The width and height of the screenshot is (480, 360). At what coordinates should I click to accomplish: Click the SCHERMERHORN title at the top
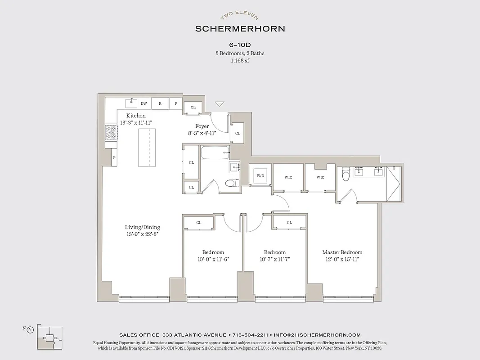[240, 29]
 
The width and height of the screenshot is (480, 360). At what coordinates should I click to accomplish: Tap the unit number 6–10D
[239, 45]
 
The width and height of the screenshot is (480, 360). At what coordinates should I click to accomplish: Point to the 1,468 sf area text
[239, 60]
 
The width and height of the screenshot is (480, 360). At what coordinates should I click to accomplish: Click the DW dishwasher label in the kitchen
[144, 103]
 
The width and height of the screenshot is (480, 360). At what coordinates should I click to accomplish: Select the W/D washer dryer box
[260, 175]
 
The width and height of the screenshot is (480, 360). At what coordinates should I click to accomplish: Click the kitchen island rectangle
[147, 148]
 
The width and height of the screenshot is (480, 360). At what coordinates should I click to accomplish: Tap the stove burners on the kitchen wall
[111, 133]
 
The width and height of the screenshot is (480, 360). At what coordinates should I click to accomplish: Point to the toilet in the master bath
[345, 174]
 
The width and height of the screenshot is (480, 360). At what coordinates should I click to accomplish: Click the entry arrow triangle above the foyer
[219, 104]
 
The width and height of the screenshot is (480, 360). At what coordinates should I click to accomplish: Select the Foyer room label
[202, 126]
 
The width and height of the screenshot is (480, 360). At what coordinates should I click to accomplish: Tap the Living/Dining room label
[142, 227]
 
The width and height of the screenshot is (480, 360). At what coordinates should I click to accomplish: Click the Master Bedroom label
[342, 252]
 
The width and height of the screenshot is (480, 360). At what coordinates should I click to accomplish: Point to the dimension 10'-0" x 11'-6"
[213, 259]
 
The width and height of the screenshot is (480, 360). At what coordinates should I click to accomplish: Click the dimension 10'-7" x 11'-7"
[275, 259]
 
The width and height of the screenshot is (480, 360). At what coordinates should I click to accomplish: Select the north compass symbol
[30, 329]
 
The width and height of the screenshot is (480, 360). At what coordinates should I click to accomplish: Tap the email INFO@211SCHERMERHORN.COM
[319, 335]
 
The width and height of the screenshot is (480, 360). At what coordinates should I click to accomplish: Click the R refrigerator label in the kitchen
[160, 103]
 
